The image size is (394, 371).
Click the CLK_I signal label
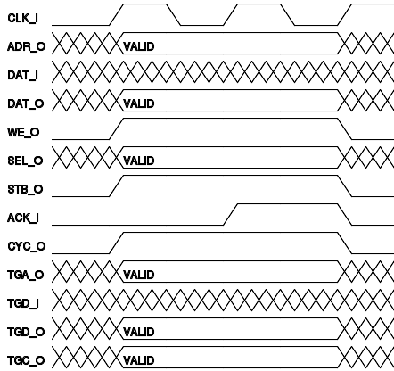[22, 18]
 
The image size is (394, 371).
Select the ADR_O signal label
[27, 46]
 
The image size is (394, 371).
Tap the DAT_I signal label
[22, 75]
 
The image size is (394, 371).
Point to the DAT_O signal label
[26, 103]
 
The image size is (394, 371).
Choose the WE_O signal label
[23, 132]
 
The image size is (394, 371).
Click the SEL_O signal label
[25, 161]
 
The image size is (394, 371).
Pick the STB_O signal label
[25, 189]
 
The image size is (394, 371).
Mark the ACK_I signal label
[23, 218]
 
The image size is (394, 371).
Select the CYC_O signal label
[27, 246]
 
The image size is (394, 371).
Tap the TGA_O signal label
[26, 275]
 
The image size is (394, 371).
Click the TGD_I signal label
[23, 303]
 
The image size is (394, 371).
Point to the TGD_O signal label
[26, 332]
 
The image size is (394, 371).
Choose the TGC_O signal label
[26, 360]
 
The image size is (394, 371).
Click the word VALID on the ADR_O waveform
[139, 46]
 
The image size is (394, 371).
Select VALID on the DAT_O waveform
[139, 103]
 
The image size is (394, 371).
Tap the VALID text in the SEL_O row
[139, 161]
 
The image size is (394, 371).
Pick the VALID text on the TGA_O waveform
[139, 275]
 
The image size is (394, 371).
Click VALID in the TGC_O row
[139, 360]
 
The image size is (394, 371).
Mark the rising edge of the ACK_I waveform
[231, 214]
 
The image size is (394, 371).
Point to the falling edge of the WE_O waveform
[345, 128]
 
